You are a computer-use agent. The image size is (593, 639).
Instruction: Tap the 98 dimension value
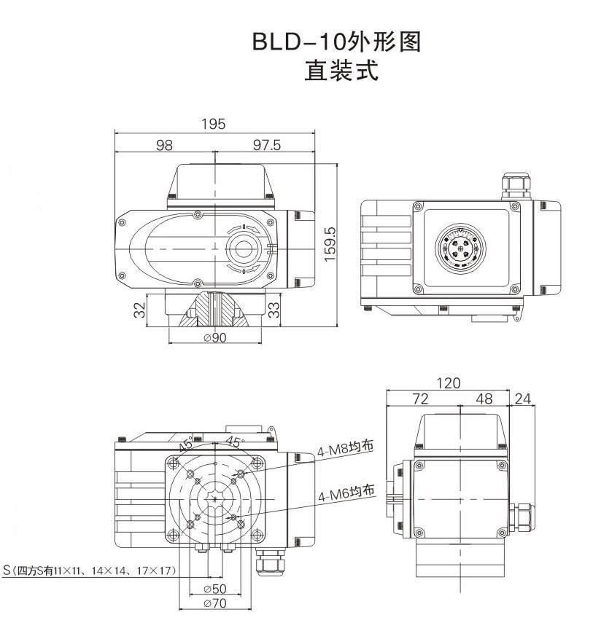tap(165, 145)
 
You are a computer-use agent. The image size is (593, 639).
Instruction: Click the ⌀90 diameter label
tap(215, 337)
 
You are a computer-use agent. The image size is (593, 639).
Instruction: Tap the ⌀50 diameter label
tap(214, 588)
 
